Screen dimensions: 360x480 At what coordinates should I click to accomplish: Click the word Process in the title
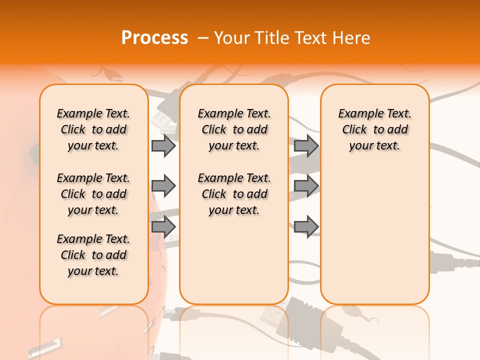point(154,37)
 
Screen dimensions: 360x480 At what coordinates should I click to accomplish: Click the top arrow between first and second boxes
point(163,145)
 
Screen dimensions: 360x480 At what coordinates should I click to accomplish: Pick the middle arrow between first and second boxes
point(163,186)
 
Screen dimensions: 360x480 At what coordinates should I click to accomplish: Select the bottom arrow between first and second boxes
point(163,227)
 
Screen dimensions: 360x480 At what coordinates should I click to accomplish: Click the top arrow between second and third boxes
point(306,145)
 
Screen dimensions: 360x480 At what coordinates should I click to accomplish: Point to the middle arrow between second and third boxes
point(306,186)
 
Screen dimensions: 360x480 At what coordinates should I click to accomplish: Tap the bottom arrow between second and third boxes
point(306,227)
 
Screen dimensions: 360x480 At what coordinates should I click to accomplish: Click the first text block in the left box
point(93,129)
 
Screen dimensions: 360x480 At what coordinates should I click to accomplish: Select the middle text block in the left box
point(93,194)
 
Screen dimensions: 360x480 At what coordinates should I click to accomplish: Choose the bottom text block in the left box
point(93,255)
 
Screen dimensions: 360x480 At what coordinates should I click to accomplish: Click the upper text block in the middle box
point(234,129)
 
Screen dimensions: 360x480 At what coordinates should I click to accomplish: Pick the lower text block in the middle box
point(234,194)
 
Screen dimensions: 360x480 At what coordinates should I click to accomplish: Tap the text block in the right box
point(375,129)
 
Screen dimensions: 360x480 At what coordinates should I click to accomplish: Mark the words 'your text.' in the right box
point(375,146)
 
